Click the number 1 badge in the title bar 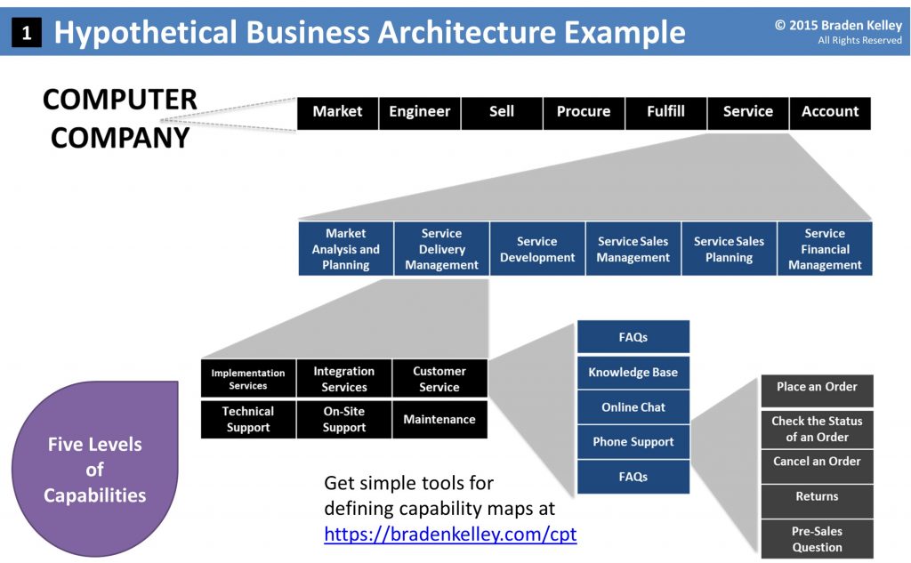27,33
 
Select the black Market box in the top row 337,112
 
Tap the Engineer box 419,112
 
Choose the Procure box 584,112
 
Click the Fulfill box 665,112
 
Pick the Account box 829,112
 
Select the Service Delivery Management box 441,249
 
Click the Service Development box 537,249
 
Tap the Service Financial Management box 825,249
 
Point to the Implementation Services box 248,379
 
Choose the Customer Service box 439,379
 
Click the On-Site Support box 344,420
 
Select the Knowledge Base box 633,373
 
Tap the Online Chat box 633,407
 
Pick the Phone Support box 633,442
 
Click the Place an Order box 817,388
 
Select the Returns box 817,496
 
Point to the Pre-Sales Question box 817,539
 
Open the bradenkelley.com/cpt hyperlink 450,535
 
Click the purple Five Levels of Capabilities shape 95,469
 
